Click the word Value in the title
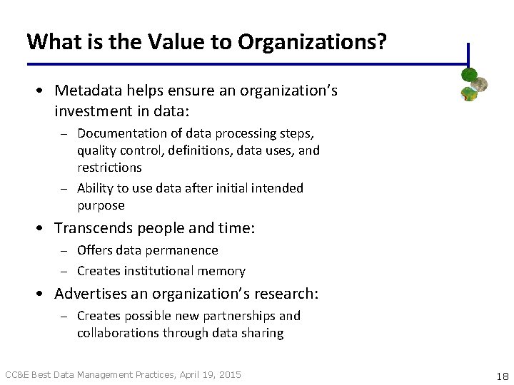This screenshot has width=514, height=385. [172, 42]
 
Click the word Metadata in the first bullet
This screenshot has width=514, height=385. [88, 91]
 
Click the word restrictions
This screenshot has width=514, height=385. [109, 168]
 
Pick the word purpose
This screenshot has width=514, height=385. [101, 205]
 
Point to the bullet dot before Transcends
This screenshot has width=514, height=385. [44, 229]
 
